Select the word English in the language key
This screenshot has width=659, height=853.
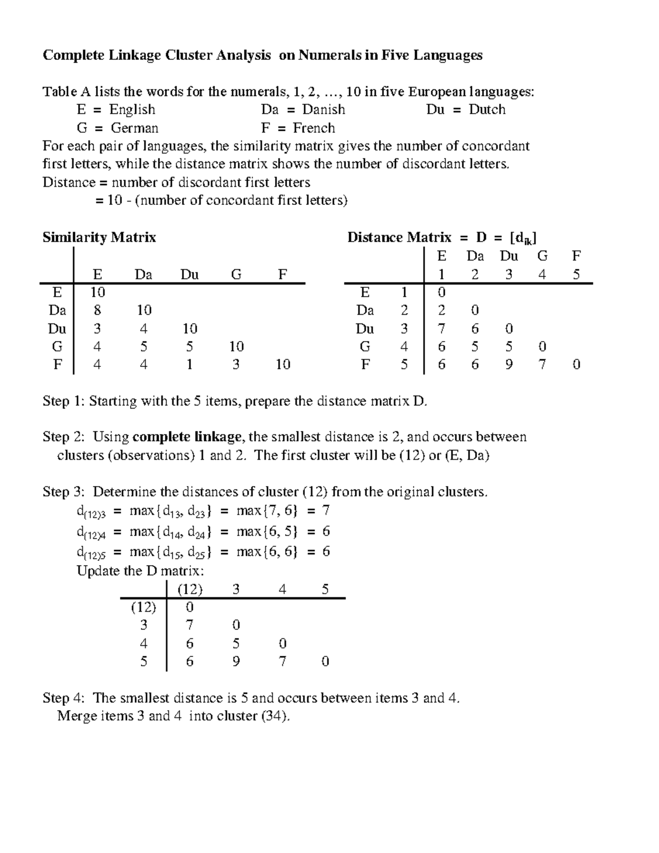(132, 109)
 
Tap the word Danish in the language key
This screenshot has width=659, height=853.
(323, 109)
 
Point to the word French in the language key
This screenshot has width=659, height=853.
(314, 128)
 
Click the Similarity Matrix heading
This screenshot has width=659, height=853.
(99, 237)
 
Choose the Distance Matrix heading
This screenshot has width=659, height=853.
(399, 237)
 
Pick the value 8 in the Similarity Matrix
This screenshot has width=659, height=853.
(97, 310)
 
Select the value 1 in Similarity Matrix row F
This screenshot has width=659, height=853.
(189, 364)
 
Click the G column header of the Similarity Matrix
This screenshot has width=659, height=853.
(236, 274)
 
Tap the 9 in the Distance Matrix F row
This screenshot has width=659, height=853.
(509, 364)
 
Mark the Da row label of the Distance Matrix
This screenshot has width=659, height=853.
(365, 310)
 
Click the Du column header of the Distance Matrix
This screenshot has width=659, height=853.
(509, 256)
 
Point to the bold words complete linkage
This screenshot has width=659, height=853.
(187, 437)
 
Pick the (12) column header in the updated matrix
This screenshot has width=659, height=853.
(189, 589)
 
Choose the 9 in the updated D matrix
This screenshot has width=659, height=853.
(236, 661)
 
